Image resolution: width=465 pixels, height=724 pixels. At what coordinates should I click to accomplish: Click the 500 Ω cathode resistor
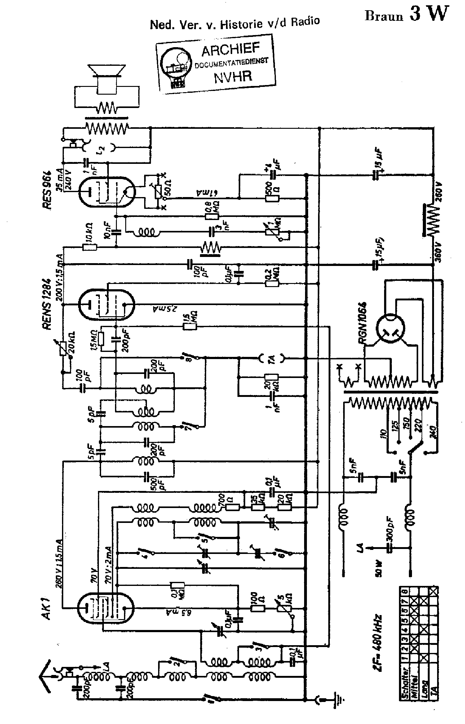tap(272, 198)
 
